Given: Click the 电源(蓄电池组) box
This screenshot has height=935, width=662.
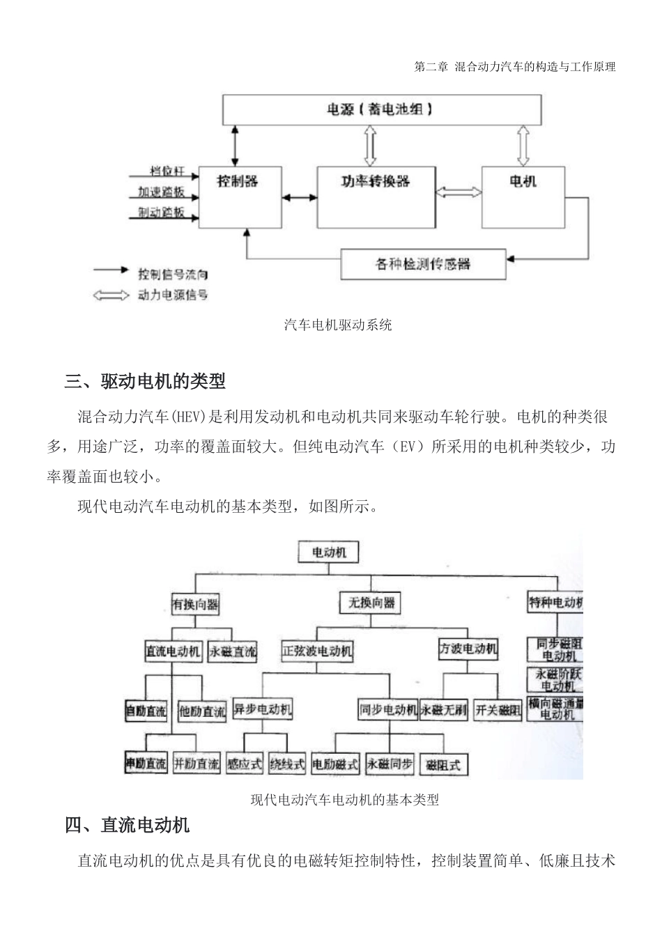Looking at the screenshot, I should [382, 109].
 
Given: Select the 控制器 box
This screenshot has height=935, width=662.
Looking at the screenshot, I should [240, 196].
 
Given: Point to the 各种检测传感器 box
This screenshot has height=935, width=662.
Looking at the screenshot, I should [423, 265].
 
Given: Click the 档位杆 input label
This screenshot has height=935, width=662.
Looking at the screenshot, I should [168, 171].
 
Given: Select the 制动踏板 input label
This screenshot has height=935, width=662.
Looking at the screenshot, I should [162, 212].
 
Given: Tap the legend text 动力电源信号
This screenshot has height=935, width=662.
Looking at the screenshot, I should [172, 295].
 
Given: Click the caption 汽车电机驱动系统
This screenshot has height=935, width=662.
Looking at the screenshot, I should [338, 325].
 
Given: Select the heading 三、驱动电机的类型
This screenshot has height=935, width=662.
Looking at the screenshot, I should [145, 381].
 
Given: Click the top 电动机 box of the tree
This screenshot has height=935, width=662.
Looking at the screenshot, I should [329, 552].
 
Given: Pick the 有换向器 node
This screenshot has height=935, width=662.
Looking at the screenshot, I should [196, 604].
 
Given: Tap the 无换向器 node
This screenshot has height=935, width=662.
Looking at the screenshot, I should [371, 603].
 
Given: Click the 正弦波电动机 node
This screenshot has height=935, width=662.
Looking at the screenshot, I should [317, 651].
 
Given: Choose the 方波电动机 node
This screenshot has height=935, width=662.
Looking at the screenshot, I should [468, 649].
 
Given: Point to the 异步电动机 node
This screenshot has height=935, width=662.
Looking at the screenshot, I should [262, 709].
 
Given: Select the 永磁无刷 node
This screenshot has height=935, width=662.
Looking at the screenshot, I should [443, 710].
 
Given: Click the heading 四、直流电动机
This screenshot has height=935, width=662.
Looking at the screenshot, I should [127, 826].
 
